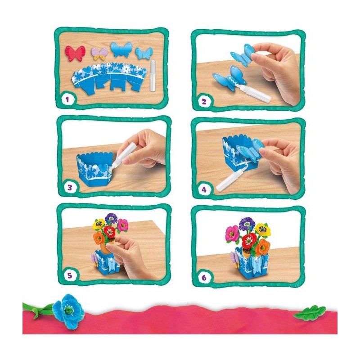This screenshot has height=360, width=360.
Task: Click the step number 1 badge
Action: pos(67,99)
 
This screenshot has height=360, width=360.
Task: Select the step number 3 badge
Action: pos(70,188)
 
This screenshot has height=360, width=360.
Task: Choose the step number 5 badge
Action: pos(70,275)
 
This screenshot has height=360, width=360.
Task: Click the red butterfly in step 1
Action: pos(75,54)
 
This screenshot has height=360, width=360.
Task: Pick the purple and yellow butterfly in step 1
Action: pos(99,55)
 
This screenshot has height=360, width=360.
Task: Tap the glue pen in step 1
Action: pos(153,76)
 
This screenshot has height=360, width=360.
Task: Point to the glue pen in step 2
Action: pos(253,94)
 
